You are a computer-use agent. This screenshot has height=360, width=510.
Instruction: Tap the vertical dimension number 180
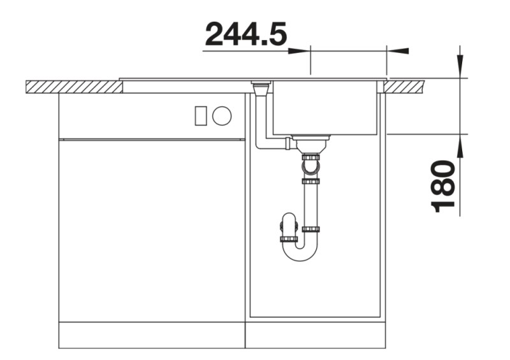(x=444, y=186)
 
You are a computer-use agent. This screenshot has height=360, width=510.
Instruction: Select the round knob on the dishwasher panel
(x=222, y=116)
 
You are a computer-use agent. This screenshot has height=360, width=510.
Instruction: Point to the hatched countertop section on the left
(x=74, y=87)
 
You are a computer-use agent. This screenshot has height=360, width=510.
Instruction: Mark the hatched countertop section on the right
(x=407, y=86)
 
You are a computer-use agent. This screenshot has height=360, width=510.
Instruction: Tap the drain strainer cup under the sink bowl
(x=310, y=143)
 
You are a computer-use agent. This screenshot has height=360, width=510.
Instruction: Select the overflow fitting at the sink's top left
(x=261, y=88)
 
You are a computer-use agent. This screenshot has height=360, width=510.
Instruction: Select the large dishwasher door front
(x=151, y=229)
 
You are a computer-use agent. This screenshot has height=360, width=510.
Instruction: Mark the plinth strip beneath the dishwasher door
(x=151, y=335)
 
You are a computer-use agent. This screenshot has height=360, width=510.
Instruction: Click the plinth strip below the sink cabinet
(x=315, y=335)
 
